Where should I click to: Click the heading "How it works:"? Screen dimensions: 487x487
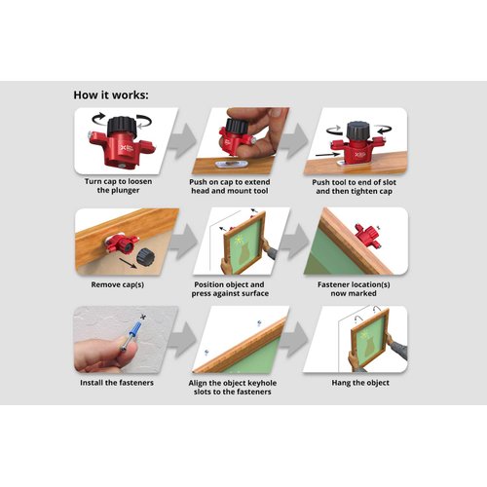coord(111,95)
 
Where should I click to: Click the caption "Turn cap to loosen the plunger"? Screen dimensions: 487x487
coord(118,186)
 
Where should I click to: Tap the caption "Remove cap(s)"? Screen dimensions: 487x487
coord(118,284)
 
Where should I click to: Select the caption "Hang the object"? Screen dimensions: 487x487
coord(360,383)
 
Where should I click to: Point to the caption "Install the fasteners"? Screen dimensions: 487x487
coord(117,383)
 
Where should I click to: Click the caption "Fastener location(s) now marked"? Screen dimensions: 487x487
coord(354,289)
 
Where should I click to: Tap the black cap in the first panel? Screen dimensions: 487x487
coord(122,126)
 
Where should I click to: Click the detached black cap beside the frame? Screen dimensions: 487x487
coord(145,256)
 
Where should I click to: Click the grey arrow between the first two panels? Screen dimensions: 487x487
coord(183,141)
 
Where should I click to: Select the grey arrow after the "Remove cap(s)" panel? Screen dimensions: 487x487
coord(183,242)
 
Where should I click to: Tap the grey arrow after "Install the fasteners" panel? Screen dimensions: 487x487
coord(183,340)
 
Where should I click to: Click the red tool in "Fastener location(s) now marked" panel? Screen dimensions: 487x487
coord(367,235)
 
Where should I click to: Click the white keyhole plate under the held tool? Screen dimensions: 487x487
coord(232,164)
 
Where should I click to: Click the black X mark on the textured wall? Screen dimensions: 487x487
coord(143,317)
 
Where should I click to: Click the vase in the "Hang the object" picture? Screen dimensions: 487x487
coord(369,347)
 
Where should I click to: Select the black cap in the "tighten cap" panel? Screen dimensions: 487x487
coord(355,131)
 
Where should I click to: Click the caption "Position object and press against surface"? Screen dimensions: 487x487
coord(230,289)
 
